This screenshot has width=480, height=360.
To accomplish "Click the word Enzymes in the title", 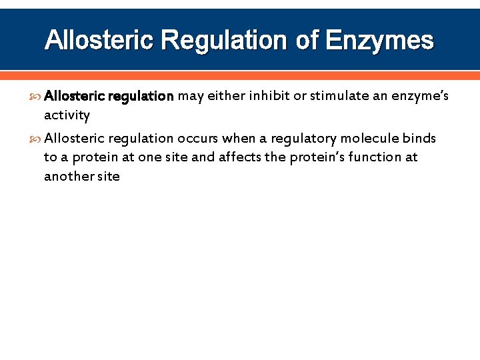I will [x=379, y=41].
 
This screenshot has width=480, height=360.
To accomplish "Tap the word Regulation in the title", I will [x=225, y=41].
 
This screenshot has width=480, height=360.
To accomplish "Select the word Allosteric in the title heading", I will [x=99, y=41].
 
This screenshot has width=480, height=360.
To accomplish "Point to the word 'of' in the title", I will [x=307, y=41].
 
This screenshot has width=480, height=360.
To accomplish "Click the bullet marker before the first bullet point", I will [x=35, y=96].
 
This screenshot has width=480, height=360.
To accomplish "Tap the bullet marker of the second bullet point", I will [x=35, y=139].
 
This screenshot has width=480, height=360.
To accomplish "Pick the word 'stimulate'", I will [x=339, y=96].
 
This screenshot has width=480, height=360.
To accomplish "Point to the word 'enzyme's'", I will [x=420, y=96].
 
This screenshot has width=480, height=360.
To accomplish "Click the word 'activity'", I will [x=67, y=115].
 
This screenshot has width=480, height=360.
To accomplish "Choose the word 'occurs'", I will [x=197, y=139].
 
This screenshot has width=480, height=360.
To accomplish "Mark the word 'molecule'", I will [x=369, y=139].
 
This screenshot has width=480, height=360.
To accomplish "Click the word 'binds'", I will [x=419, y=139].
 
